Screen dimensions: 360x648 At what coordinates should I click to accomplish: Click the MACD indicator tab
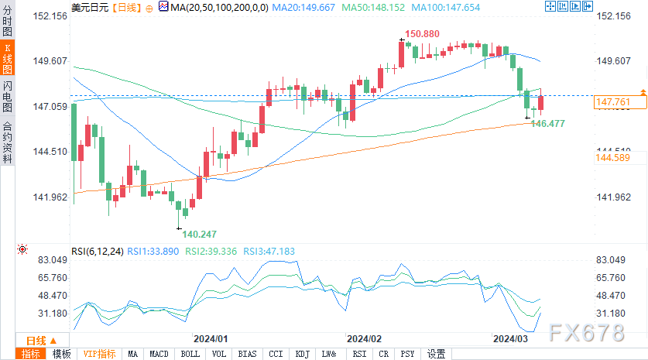click(x=159, y=354)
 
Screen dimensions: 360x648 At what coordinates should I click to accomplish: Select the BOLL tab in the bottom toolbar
click(x=189, y=354)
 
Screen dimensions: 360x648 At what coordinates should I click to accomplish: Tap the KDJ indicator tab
click(x=302, y=354)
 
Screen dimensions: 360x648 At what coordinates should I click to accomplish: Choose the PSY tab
click(x=406, y=354)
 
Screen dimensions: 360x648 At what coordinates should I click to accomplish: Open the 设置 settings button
click(x=436, y=354)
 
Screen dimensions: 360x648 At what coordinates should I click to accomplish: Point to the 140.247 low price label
click(x=199, y=234)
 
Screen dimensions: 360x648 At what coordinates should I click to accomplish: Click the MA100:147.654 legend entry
click(x=403, y=7)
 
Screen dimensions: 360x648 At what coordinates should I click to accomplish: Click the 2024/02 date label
click(x=365, y=339)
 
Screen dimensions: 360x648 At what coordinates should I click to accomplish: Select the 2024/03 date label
click(x=512, y=339)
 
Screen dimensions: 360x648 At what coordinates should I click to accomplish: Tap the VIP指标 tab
click(x=100, y=354)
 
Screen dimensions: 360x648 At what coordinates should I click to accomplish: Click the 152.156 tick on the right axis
click(x=615, y=16)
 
